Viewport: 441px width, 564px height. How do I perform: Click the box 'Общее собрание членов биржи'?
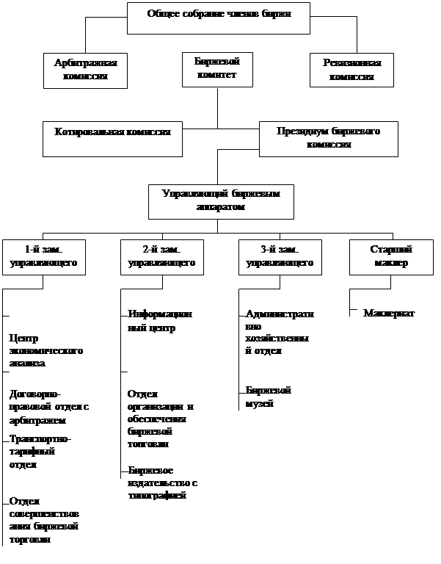point(218,18)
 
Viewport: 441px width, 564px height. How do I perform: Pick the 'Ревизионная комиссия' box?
point(352,70)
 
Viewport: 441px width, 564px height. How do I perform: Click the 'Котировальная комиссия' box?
point(112,139)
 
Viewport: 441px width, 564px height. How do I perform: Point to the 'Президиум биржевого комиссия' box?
point(328,139)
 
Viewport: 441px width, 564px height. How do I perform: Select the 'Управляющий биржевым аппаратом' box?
point(221,200)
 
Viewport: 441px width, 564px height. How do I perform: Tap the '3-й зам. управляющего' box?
point(279,256)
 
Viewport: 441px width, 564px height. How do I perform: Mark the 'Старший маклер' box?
point(392,256)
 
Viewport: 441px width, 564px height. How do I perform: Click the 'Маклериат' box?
point(398,324)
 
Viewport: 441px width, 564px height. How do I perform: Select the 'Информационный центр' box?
point(162,325)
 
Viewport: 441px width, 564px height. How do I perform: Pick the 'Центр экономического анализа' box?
point(50,350)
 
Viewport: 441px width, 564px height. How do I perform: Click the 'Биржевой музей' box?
point(280,398)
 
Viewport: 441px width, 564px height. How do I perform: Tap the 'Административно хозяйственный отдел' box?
point(280,333)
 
